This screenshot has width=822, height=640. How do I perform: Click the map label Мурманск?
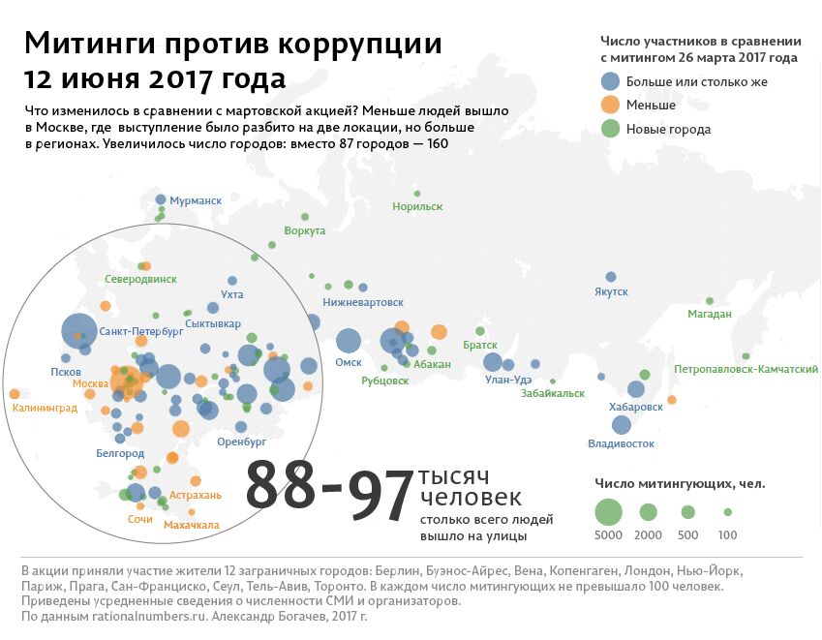(196, 200)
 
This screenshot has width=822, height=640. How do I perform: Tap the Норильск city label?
(417, 206)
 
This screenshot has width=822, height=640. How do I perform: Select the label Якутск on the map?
(612, 291)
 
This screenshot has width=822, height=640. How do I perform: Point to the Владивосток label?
(621, 443)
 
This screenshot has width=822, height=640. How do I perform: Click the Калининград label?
(45, 409)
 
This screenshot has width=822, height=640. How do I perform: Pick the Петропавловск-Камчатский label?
(746, 370)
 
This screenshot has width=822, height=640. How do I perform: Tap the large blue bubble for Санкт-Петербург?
(78, 331)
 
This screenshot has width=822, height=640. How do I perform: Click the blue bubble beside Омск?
(349, 341)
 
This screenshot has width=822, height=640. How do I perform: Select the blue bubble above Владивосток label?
(622, 424)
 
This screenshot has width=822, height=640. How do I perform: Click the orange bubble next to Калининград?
(15, 394)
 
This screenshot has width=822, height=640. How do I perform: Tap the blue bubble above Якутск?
(611, 277)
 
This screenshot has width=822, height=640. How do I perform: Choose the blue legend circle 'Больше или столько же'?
(610, 81)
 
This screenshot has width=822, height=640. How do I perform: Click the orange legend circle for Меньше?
(610, 105)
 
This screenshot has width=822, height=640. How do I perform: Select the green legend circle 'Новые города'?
(610, 129)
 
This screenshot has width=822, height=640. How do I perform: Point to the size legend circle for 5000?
(608, 510)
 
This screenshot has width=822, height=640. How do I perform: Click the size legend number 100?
(727, 534)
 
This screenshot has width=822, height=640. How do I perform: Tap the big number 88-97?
(329, 488)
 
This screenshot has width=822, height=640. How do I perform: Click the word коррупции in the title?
(359, 44)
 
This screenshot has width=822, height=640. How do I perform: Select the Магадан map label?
(709, 314)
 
